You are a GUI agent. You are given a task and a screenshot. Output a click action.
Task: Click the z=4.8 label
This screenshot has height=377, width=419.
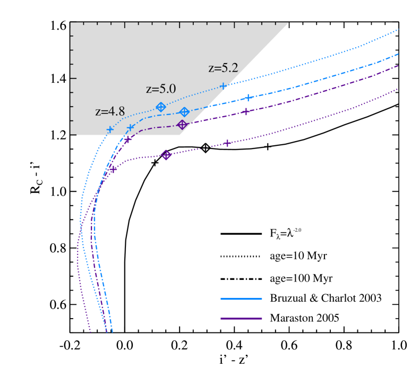(110, 112)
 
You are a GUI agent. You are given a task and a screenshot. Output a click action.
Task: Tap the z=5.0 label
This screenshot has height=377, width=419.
(161, 89)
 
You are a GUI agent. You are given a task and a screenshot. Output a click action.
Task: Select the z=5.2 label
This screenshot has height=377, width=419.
(223, 68)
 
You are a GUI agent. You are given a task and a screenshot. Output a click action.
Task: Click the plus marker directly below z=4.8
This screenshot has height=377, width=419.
(110, 129)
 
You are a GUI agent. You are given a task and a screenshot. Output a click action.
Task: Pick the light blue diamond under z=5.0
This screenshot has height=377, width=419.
(161, 107)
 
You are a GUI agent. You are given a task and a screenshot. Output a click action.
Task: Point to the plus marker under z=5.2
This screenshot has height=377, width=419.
(224, 85)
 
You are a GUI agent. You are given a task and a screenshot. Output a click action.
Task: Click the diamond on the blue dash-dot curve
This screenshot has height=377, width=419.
(184, 112)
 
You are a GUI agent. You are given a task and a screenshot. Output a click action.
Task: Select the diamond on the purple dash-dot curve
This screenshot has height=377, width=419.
(182, 125)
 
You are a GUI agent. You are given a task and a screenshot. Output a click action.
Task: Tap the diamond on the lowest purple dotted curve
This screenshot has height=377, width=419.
(166, 155)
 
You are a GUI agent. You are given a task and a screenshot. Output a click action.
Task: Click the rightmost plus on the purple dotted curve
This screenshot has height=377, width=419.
(227, 143)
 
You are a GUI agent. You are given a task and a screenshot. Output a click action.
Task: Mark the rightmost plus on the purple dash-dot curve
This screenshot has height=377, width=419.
(245, 111)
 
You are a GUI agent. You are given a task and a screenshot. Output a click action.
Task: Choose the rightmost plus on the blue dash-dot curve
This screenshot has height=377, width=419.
(248, 98)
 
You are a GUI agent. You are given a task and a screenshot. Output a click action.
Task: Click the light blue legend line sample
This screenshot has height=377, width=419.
(241, 299)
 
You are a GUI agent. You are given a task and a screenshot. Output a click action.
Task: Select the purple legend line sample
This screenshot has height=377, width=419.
(241, 319)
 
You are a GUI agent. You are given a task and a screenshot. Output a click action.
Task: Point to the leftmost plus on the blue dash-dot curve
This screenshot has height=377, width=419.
(131, 128)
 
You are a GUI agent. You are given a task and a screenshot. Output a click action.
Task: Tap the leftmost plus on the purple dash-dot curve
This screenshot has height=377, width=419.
(127, 140)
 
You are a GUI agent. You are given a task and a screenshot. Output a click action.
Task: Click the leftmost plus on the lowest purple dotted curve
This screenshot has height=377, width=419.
(113, 169)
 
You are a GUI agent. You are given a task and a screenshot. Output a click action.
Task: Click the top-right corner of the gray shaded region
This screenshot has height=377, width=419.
(288, 23)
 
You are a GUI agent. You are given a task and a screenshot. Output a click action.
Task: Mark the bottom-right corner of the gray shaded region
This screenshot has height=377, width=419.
(181, 135)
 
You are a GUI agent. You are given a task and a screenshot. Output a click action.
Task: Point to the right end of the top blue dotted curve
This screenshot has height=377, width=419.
(398, 30)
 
